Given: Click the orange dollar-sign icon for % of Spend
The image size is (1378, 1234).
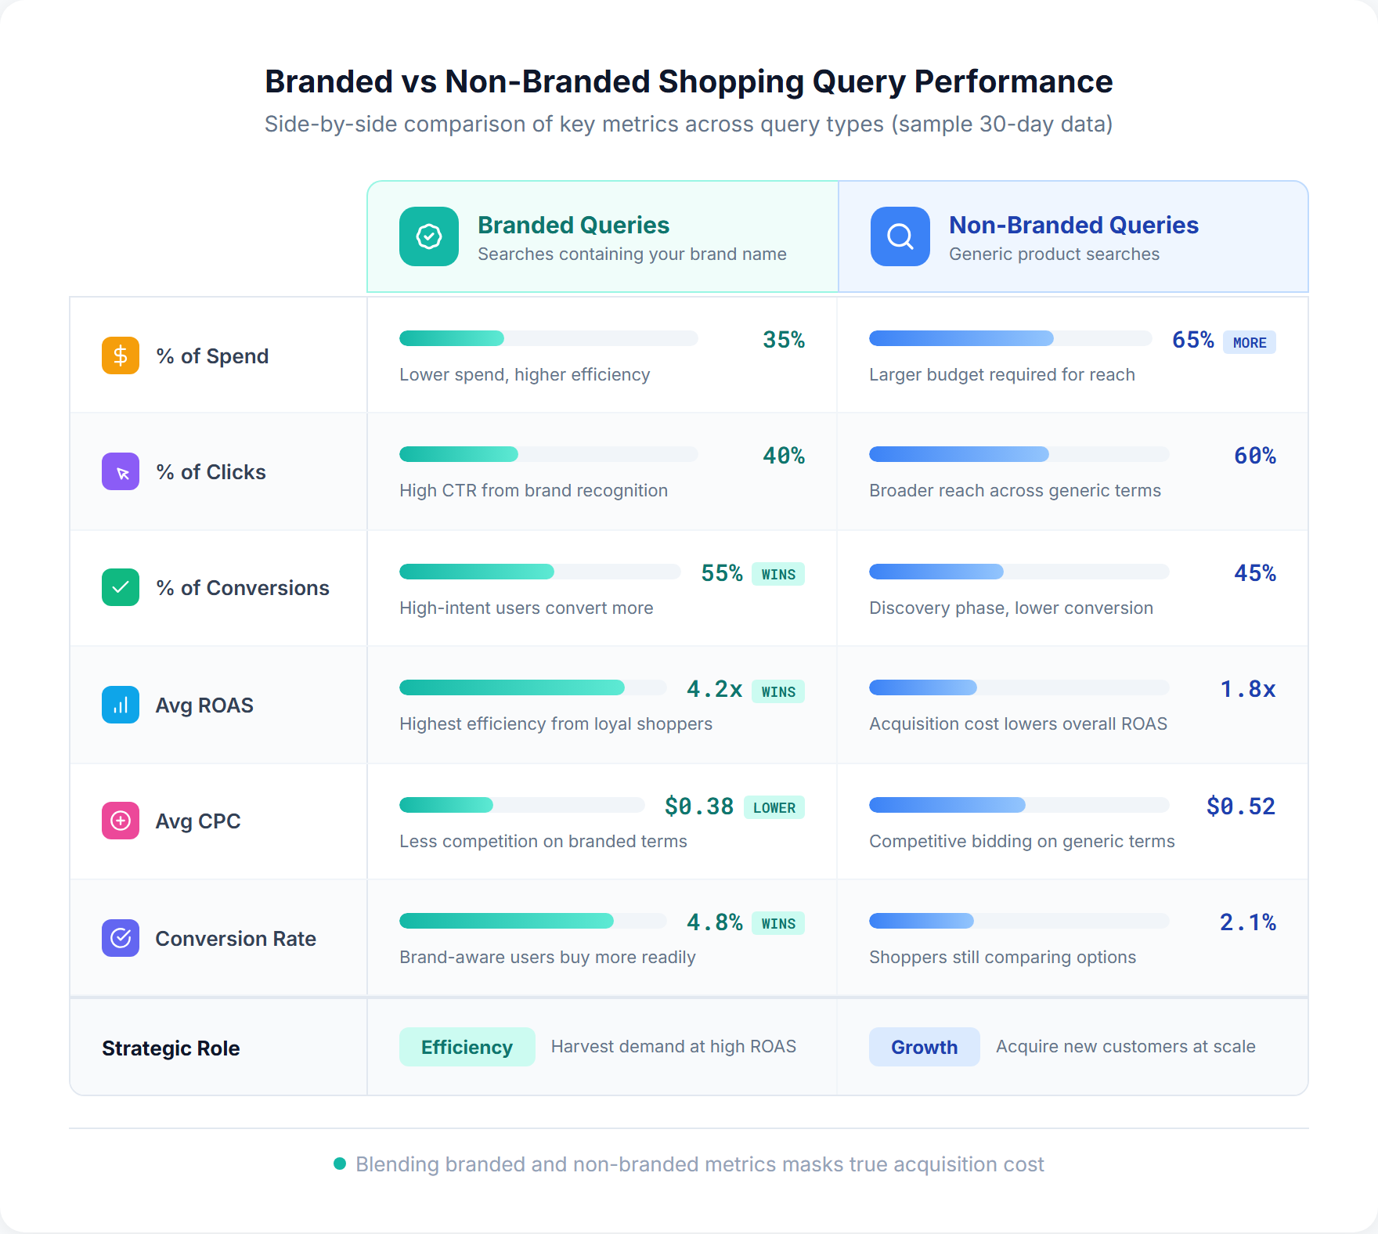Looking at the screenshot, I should pos(121,355).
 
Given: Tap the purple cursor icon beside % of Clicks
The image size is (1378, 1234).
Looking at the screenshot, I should pos(121,471).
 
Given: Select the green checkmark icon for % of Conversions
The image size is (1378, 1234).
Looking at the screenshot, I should pos(121,587).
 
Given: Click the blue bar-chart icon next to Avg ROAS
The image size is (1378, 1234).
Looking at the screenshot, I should pos(121,705).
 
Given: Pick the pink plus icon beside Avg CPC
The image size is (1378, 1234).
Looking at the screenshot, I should pos(121,821).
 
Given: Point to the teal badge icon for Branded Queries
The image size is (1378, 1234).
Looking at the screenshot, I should pos(429,236).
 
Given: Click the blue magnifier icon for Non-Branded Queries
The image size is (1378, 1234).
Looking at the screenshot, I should pos(900,236).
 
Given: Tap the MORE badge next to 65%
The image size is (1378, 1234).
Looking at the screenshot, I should pos(1250,342).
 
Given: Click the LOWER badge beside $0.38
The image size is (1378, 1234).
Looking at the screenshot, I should pos(774,807).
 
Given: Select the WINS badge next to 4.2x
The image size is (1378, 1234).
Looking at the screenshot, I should pos(778,691).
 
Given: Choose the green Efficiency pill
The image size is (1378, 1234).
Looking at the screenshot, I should pos(467,1047).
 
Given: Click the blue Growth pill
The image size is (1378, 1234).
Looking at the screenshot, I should pos(924,1047).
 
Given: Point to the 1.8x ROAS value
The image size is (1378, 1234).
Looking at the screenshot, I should pos(1248,689).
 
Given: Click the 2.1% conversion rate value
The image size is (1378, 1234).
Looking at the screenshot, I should pos(1248,922).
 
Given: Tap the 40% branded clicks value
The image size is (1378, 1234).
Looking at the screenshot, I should pos(784,456).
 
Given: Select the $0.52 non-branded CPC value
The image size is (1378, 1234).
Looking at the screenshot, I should pos(1241,806).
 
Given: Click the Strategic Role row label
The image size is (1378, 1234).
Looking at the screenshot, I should pos(171,1048).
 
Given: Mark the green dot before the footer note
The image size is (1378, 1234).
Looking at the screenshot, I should pos(340,1164).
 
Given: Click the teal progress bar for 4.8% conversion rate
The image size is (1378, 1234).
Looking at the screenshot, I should pos(507,921).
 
